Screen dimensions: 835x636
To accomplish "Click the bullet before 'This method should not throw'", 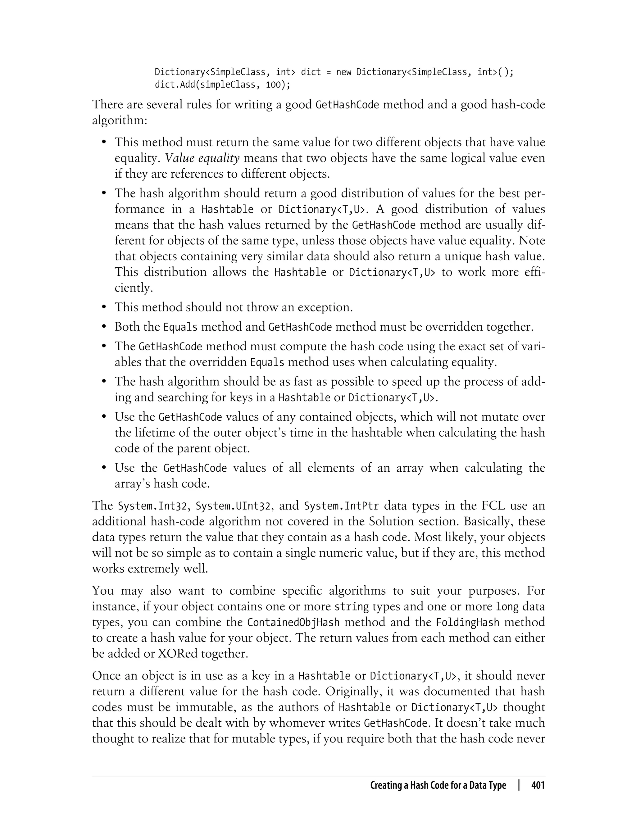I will pyautogui.click(x=104, y=307).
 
